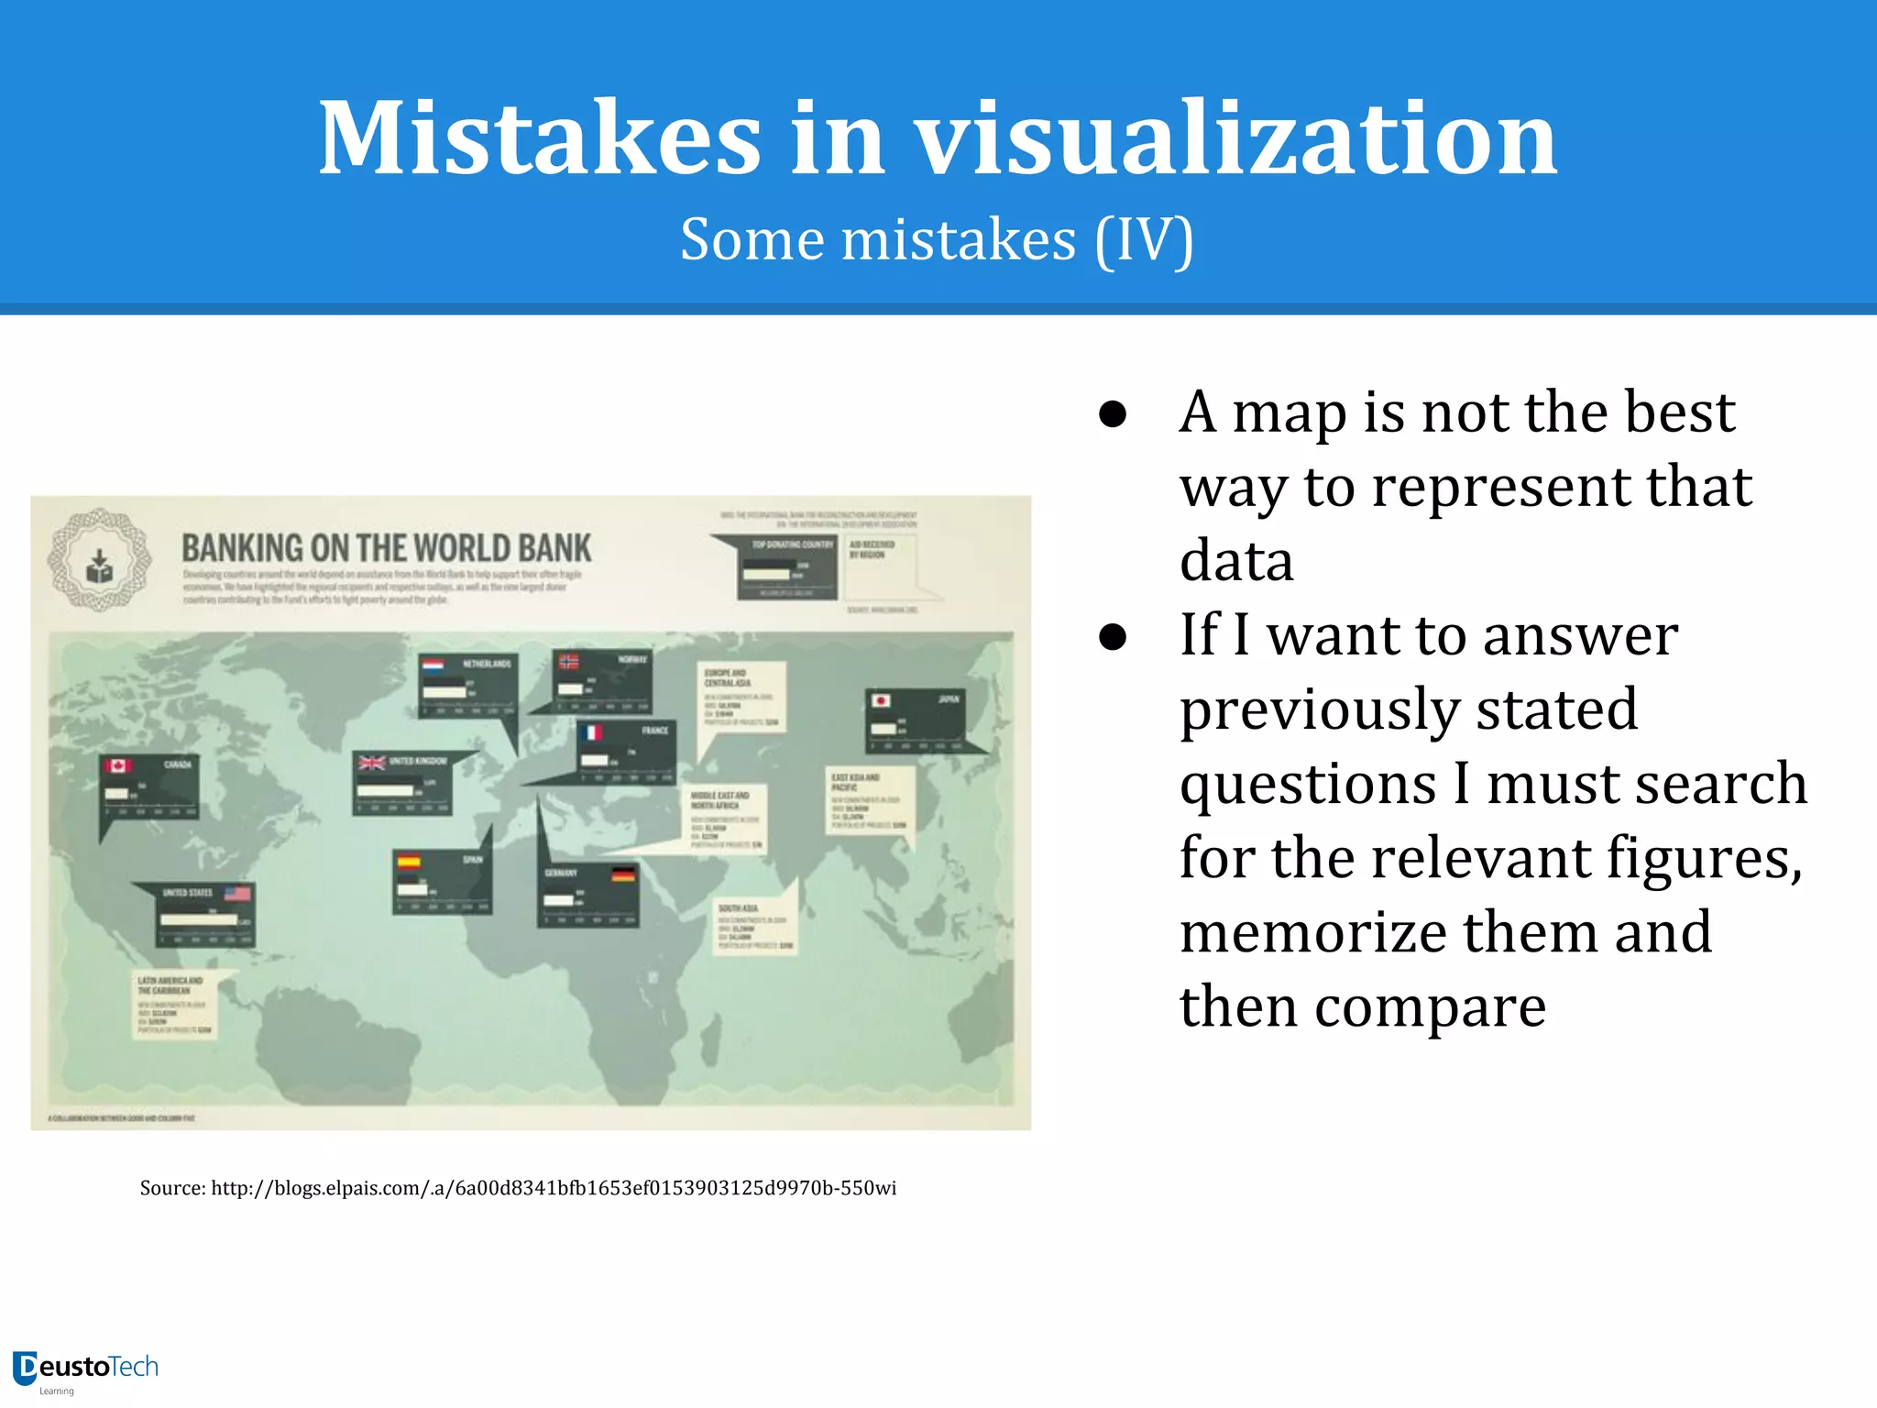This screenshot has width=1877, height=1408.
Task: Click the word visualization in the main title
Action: pyautogui.click(x=1236, y=138)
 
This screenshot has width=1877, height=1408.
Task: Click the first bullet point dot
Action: pyautogui.click(x=1113, y=414)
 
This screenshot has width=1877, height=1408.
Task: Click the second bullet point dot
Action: pyautogui.click(x=1113, y=637)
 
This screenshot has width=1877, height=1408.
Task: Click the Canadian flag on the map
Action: pyautogui.click(x=117, y=765)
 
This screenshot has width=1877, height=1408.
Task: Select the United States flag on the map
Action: pyautogui.click(x=237, y=893)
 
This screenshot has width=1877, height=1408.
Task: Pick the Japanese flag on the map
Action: pyautogui.click(x=881, y=700)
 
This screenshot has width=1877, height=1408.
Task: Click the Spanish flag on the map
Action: pyautogui.click(x=408, y=862)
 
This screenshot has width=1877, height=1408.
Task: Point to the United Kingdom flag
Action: pyautogui.click(x=371, y=763)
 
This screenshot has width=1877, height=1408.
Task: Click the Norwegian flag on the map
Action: pyautogui.click(x=569, y=661)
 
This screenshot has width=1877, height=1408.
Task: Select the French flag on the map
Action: pyautogui.click(x=592, y=732)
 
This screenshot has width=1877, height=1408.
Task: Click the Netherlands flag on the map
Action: pyautogui.click(x=433, y=665)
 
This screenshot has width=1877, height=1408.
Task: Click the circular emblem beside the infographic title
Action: pyautogui.click(x=99, y=560)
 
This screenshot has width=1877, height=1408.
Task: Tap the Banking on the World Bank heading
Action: pyautogui.click(x=386, y=548)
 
